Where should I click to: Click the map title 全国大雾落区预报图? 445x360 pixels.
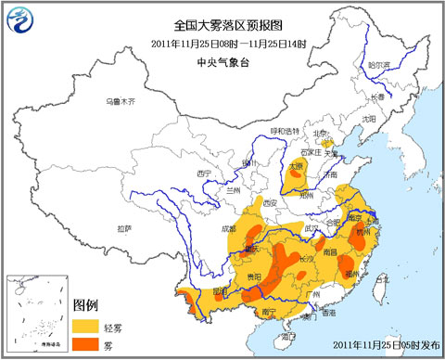pyautogui.click(x=222, y=26)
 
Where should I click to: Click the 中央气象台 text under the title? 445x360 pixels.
pyautogui.click(x=222, y=62)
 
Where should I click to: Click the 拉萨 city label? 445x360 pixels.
pyautogui.click(x=124, y=227)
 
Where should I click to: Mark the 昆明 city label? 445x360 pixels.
pyautogui.click(x=220, y=290)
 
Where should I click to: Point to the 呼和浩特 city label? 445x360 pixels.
pyautogui.click(x=286, y=131)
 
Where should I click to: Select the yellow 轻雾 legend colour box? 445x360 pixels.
pyautogui.click(x=87, y=326)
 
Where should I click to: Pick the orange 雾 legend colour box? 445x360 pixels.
pyautogui.click(x=87, y=345)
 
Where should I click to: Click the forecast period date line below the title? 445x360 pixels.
pyautogui.click(x=222, y=45)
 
